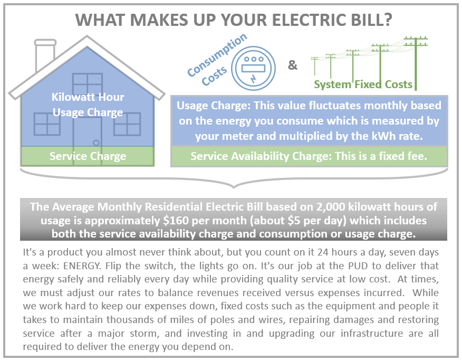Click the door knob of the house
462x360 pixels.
pyautogui.click(x=96, y=143)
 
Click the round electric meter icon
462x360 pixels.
pyautogui.click(x=253, y=68)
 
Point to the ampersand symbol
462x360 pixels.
pyautogui.click(x=292, y=65)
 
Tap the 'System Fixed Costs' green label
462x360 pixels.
pyautogui.click(x=363, y=84)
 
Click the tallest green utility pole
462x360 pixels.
pyautogui.click(x=416, y=63)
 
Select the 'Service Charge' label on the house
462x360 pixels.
pyautogui.click(x=88, y=156)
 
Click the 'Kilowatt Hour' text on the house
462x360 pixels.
pyautogui.click(x=88, y=97)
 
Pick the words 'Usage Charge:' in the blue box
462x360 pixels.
pyautogui.click(x=213, y=106)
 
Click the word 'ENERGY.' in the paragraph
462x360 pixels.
pyautogui.click(x=82, y=266)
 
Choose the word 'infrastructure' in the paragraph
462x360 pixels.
pyautogui.click(x=372, y=333)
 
